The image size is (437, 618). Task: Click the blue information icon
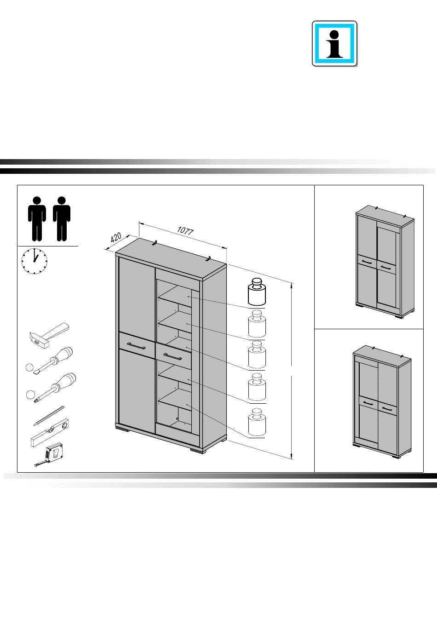(334, 44)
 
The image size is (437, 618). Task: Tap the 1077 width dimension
(185, 231)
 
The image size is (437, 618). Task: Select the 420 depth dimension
(115, 237)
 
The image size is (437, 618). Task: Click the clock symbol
(34, 261)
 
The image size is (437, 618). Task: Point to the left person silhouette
(37, 219)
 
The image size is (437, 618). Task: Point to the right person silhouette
(62, 219)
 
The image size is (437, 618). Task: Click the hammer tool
(49, 335)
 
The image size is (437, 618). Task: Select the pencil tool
(49, 416)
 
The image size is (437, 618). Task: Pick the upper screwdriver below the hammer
(53, 360)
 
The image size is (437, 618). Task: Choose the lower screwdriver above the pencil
(55, 387)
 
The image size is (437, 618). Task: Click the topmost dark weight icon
(257, 292)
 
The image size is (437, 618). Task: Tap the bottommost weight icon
(257, 422)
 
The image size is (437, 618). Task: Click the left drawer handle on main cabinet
(136, 346)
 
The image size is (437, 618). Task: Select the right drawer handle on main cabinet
(172, 356)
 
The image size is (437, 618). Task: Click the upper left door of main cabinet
(137, 296)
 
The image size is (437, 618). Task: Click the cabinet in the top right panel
(385, 261)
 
